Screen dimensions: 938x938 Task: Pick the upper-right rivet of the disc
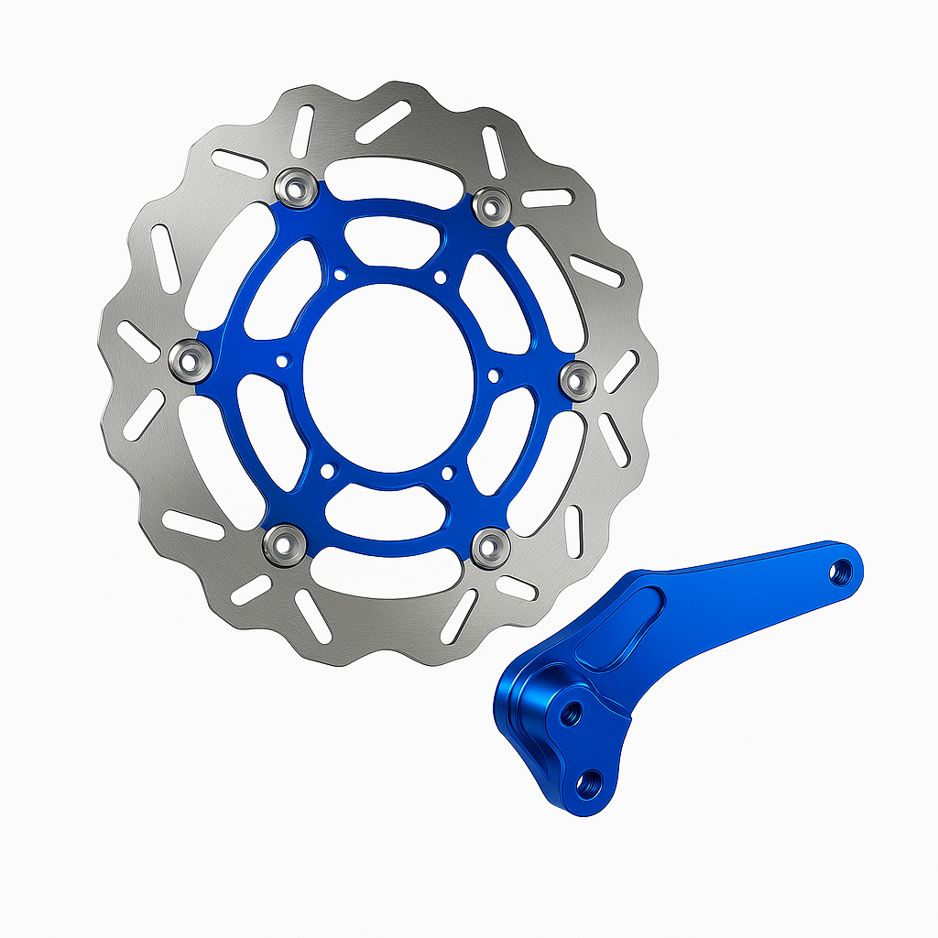[492, 204]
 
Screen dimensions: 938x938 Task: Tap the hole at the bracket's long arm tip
[838, 571]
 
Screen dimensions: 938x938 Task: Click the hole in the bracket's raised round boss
[573, 710]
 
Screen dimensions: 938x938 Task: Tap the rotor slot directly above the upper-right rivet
[495, 151]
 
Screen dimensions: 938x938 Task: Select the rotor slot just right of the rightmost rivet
[621, 371]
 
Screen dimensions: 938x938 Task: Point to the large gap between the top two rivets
[394, 176]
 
